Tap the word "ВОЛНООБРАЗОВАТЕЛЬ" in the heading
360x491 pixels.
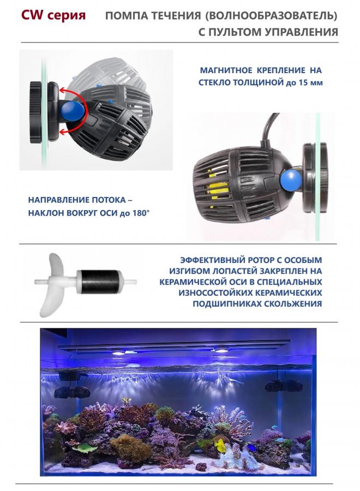tap(271, 16)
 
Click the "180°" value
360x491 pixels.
tap(141, 213)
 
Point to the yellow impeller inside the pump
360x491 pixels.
tap(217, 189)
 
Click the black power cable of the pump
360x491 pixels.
tap(268, 129)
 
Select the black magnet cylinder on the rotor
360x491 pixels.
tap(98, 282)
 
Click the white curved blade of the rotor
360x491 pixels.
tap(52, 285)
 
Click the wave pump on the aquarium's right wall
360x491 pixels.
tap(284, 386)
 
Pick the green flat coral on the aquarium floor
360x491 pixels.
tap(85, 448)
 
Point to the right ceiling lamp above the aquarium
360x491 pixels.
tap(221, 350)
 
